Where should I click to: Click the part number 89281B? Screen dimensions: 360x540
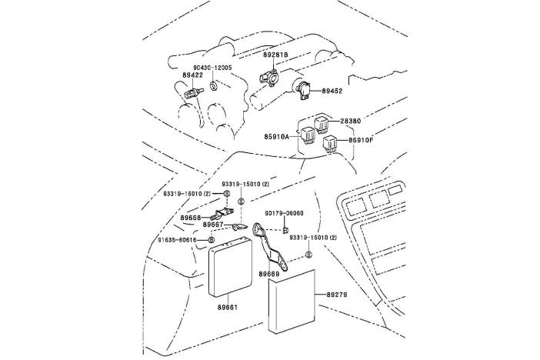275,55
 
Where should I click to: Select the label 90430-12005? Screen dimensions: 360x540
207,68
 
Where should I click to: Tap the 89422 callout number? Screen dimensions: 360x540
192,75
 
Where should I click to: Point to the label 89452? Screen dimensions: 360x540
332,91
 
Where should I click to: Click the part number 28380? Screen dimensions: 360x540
351,122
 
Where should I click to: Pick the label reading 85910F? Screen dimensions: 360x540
360,141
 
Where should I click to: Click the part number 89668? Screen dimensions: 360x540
191,218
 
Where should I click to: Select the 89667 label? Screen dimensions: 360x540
212,225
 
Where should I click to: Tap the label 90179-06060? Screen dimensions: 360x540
285,213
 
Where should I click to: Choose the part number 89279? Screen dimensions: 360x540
336,295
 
